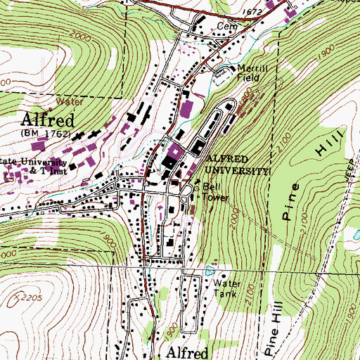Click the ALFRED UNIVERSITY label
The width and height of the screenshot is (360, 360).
(236, 165)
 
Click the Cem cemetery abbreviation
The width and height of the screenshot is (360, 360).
(226, 26)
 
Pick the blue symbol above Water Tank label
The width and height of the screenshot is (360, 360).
(209, 269)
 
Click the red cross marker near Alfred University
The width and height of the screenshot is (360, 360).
(186, 180)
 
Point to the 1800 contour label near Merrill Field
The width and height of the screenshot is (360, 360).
(246, 105)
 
